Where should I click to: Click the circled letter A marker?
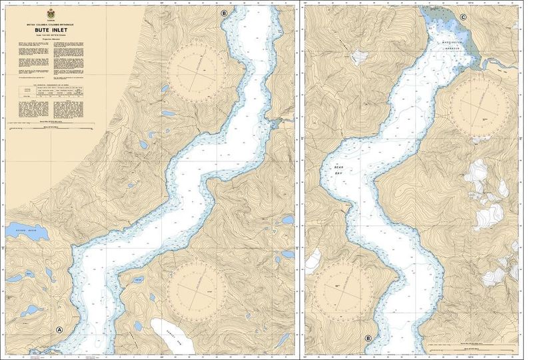click(x=59, y=329)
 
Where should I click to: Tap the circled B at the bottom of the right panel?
click(x=368, y=338)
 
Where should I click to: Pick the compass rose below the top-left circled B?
click(x=197, y=71)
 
